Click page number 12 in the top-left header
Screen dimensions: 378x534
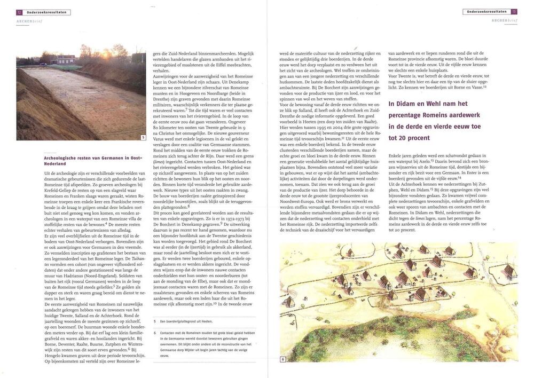coord(19,12)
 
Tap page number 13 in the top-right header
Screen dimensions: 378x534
coord(514,11)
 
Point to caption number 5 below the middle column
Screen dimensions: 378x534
coord(155,321)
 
